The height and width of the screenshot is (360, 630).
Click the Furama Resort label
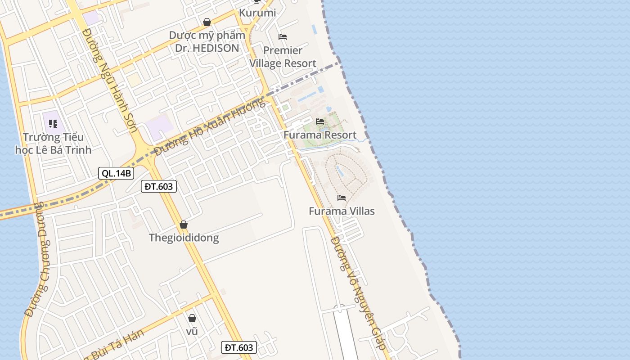coord(320,135)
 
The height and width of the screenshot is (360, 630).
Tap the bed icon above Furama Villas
coord(342,198)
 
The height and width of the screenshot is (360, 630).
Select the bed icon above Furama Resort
coord(320,121)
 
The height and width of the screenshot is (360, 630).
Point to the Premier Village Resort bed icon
coord(283,36)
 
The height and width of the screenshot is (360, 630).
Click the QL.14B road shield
coord(116,173)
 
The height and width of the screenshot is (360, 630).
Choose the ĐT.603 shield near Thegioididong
coord(159,186)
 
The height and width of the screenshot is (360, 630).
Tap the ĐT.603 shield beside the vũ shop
coord(239,347)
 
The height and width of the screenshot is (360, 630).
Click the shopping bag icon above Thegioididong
coord(184,225)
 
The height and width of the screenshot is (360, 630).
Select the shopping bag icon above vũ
coord(192,318)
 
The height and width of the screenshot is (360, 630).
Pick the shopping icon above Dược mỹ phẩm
coord(207,22)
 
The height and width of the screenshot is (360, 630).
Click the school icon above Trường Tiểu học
coord(53,123)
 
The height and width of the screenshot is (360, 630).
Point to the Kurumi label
coord(257,13)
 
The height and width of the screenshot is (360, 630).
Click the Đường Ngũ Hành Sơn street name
coord(111,80)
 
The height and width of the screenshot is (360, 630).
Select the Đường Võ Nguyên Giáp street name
coord(359,293)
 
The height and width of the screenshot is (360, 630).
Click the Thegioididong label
coord(184,238)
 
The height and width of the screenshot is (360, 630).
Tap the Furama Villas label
coord(342,211)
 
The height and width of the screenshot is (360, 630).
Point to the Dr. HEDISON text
coord(207,48)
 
